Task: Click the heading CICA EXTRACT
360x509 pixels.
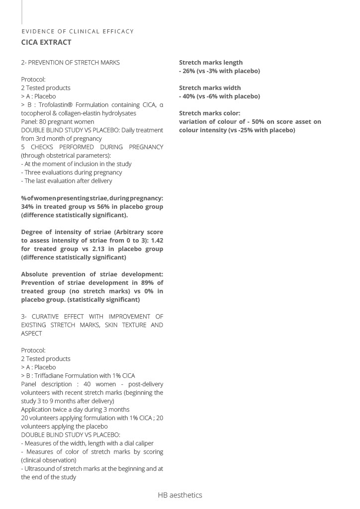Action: pyautogui.click(x=46, y=42)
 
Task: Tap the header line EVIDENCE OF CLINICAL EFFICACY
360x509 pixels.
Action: pyautogui.click(x=78, y=31)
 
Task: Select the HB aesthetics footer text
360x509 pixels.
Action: pyautogui.click(x=180, y=495)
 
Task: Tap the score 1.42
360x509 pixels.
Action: pyautogui.click(x=156, y=240)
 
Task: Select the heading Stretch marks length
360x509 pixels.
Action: pyautogui.click(x=211, y=62)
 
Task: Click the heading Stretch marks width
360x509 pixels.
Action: pyautogui.click(x=210, y=87)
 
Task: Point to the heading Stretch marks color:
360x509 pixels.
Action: pyautogui.click(x=209, y=113)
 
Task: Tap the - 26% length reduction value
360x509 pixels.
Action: pyautogui.click(x=187, y=71)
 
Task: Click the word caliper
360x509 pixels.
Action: pyautogui.click(x=143, y=443)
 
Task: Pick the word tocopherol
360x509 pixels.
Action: pyautogui.click(x=37, y=113)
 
